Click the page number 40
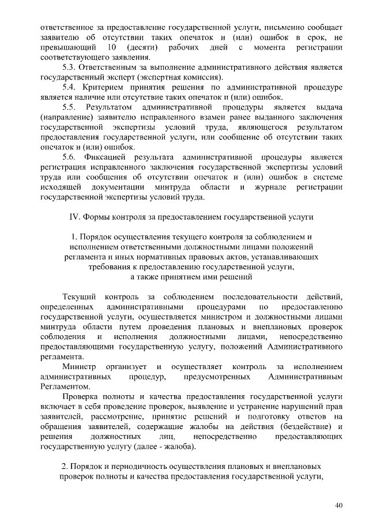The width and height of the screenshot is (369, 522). [339, 506]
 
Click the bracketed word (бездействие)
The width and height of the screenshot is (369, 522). [303, 426]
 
